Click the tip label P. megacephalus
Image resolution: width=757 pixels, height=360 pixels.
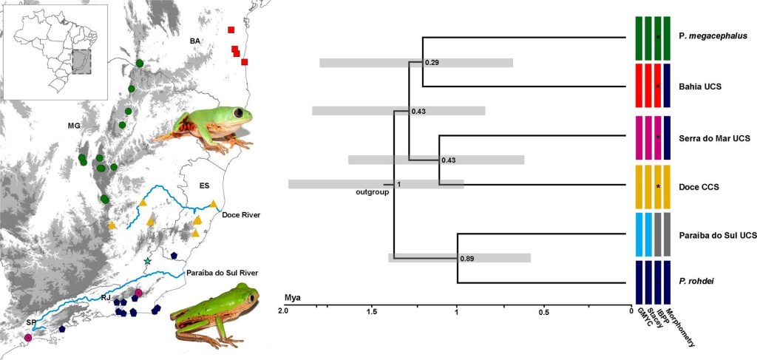712,35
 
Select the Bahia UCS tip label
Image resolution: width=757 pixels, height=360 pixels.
700,86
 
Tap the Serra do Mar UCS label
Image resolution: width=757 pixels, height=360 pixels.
714,137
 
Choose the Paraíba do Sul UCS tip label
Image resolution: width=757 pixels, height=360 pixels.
717,235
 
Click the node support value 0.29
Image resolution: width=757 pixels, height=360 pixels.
433,62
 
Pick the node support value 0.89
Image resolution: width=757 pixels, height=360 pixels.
466,259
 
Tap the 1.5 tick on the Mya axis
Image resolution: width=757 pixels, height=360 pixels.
370,312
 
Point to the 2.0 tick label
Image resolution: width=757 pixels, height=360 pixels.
282,312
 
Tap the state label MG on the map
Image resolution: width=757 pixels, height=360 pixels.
73,126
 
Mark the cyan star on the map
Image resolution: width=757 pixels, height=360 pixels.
148,262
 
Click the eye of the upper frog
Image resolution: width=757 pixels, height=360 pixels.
239,112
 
